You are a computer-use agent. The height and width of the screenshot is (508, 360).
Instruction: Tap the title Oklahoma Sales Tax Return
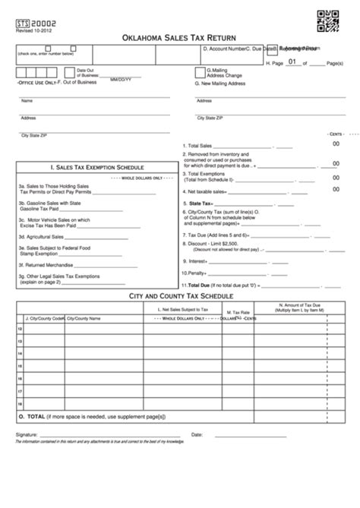click(179, 37)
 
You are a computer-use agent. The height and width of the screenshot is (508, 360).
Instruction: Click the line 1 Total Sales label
click(197, 146)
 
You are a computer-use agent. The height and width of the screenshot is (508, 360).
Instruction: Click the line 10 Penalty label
click(196, 272)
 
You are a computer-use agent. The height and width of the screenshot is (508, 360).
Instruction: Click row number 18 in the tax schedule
click(20, 403)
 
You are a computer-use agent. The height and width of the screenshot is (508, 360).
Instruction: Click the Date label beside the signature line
click(197, 434)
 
